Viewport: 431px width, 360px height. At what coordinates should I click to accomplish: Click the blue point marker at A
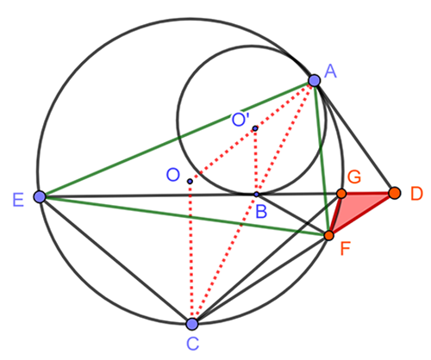(315, 80)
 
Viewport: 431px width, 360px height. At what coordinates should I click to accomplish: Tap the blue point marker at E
(40, 196)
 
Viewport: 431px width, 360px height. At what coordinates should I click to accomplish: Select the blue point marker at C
(192, 324)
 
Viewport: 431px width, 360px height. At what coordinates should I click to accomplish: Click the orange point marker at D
(395, 193)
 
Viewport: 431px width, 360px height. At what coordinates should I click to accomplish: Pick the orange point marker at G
(341, 194)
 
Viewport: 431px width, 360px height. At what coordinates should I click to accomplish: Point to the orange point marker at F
(328, 235)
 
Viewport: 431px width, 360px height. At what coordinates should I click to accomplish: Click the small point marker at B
(256, 195)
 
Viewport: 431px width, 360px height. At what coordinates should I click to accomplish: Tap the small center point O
(190, 181)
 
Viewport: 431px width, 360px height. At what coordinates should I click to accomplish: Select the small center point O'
(255, 128)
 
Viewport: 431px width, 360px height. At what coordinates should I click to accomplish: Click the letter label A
(330, 71)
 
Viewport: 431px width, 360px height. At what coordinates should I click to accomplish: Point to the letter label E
(18, 200)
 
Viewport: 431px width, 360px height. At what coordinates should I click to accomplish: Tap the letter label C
(192, 344)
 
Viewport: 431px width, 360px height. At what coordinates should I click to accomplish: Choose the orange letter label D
(416, 194)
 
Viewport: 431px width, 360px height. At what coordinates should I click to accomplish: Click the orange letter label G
(354, 177)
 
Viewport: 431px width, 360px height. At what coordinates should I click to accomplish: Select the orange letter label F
(345, 249)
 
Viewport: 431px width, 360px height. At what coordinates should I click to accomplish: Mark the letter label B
(261, 212)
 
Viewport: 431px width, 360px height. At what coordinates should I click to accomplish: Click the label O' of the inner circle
(240, 119)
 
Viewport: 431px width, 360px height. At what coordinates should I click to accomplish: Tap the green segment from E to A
(177, 139)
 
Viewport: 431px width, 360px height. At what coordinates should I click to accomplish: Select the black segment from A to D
(354, 136)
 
